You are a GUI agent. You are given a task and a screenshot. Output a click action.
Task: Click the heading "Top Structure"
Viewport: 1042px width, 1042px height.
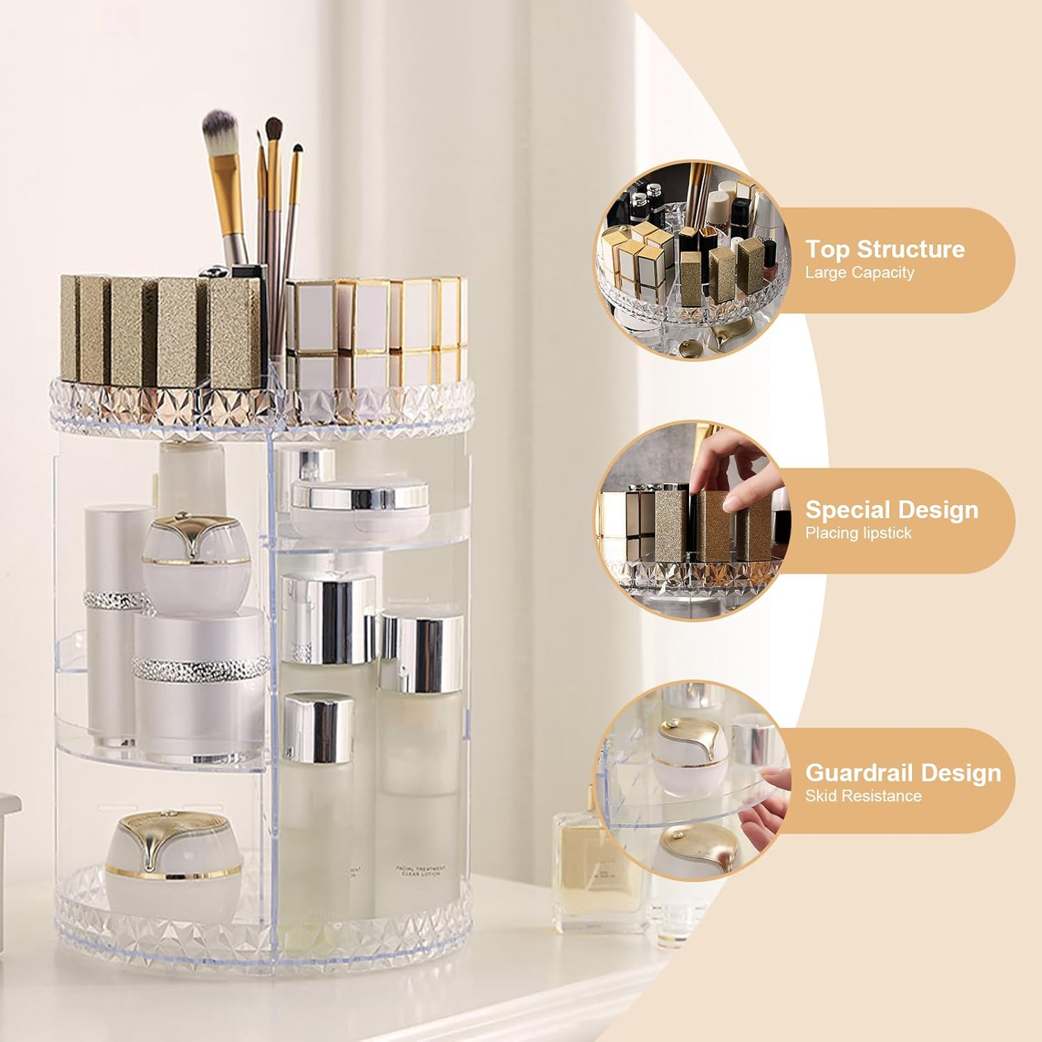[x=884, y=249]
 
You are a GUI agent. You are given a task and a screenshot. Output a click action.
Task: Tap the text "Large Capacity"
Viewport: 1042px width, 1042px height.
[x=859, y=273]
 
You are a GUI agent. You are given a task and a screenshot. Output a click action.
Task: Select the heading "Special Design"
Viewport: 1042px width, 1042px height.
[x=891, y=510]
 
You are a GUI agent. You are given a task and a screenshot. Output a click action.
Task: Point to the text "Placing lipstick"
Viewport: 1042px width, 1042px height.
[x=858, y=534]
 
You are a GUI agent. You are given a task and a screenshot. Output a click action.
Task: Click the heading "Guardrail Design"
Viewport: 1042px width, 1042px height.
[x=903, y=772]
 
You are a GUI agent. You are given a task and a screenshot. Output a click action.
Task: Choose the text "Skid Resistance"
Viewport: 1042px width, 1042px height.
[x=863, y=796]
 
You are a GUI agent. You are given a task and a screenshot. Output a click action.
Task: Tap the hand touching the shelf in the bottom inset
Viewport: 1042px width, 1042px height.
[x=764, y=813]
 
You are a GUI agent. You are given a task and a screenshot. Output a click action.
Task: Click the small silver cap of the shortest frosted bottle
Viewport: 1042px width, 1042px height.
[x=319, y=726]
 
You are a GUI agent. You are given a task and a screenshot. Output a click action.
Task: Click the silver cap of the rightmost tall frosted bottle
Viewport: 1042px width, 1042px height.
[x=422, y=653]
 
